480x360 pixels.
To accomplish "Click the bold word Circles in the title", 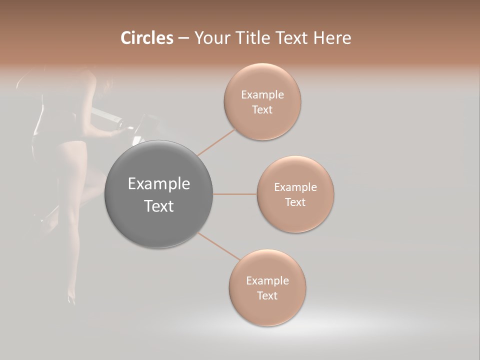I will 147,38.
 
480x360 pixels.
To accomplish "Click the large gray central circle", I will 159,194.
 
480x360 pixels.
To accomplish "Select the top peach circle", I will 262,101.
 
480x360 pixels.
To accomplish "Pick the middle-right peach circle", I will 295,194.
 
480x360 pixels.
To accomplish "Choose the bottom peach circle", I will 267,287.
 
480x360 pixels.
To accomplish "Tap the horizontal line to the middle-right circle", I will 235,194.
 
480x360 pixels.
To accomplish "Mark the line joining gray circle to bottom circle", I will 218,246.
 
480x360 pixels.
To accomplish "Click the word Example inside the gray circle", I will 159,184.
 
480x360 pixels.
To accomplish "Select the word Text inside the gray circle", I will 159,206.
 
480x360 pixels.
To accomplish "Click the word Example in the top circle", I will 262,94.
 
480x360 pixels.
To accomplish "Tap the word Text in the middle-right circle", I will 295,202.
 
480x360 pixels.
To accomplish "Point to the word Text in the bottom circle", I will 267,295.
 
